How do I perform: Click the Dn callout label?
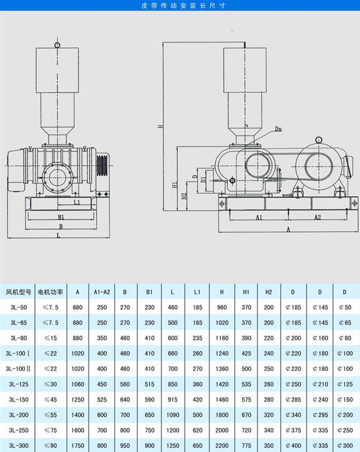278,129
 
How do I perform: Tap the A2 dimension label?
318,217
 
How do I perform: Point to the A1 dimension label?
259,218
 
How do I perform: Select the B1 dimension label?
61,217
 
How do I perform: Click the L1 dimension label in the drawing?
77,202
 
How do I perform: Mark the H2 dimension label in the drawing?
185,196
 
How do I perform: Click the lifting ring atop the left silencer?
57,45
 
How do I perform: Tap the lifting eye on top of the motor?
319,140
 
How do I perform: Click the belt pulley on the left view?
102,165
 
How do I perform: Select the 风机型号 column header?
19,292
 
